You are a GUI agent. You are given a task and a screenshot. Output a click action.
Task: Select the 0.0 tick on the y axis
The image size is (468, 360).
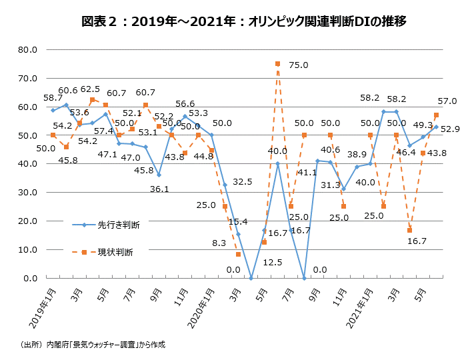tap(30, 279)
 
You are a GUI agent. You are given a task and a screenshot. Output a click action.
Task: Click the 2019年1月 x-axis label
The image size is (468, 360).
tap(41, 306)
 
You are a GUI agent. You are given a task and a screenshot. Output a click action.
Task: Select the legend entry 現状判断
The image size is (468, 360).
tap(115, 252)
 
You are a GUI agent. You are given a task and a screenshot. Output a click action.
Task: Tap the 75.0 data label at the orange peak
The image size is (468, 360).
tap(299, 65)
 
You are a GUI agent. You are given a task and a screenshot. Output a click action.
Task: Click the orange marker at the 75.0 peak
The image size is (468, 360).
tap(277, 64)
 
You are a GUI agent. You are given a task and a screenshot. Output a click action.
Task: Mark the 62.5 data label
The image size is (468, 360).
tap(90, 89)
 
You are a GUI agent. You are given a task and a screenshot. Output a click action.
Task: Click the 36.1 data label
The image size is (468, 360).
tap(159, 189)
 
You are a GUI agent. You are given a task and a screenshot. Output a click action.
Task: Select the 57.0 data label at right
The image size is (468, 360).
tap(447, 101)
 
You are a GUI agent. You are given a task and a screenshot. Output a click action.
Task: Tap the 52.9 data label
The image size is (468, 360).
tap(451, 129)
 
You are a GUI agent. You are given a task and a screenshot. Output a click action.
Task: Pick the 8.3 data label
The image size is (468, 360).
tap(219, 245)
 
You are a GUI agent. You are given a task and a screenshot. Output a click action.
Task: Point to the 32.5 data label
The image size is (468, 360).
tap(242, 181)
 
